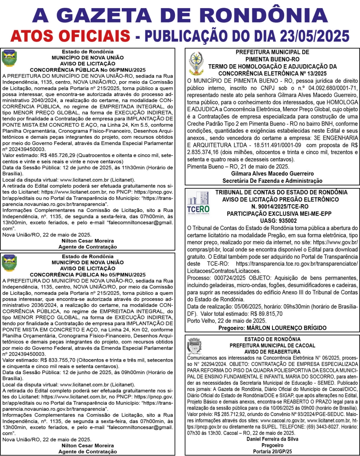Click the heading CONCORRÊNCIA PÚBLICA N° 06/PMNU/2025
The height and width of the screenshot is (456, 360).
87,69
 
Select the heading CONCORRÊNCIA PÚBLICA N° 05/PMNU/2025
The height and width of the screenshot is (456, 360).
87,274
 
